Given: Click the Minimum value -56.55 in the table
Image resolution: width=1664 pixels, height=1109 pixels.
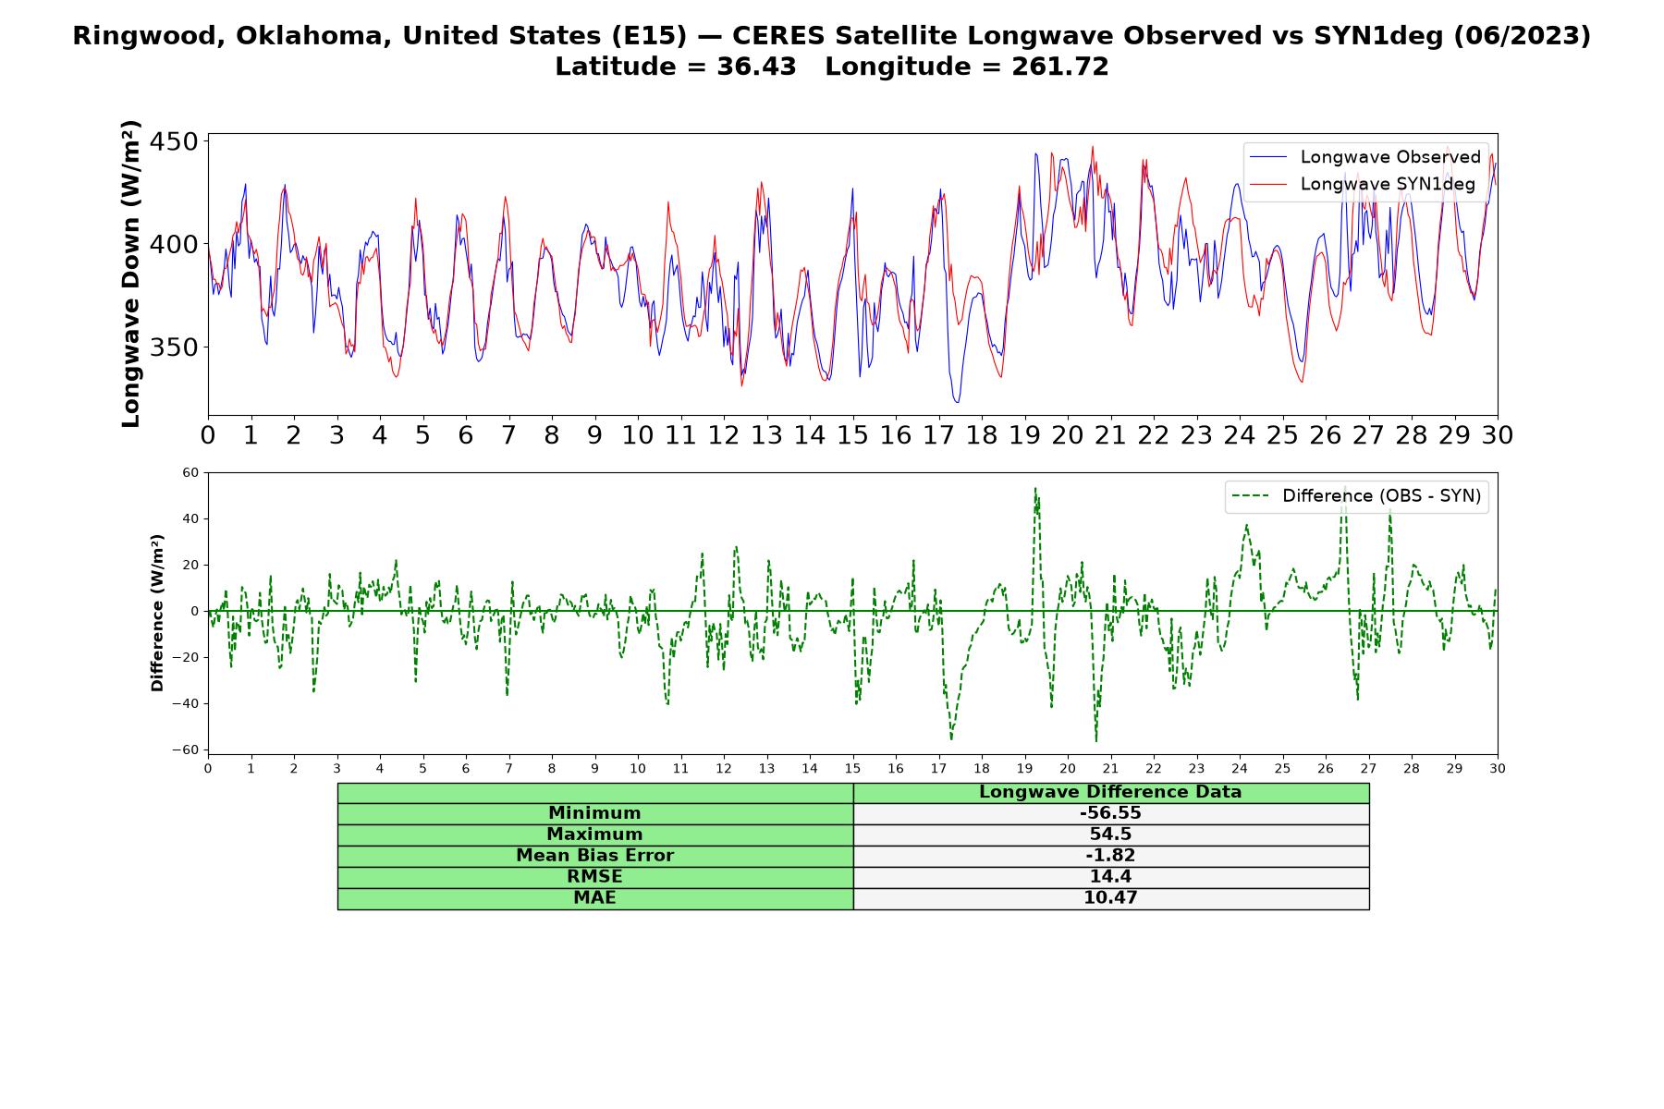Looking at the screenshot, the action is pyautogui.click(x=1110, y=813).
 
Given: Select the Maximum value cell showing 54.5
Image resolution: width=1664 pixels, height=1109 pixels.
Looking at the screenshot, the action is pyautogui.click(x=1110, y=835).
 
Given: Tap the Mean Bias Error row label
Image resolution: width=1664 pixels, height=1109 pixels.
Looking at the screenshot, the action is pyautogui.click(x=594, y=856).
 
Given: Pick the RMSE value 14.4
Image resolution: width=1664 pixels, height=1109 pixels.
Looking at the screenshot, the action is pyautogui.click(x=1110, y=877).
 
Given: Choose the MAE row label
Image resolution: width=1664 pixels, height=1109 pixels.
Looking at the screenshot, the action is pyautogui.click(x=594, y=898).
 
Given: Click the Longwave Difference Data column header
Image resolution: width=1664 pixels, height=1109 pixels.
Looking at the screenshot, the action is pyautogui.click(x=1110, y=792).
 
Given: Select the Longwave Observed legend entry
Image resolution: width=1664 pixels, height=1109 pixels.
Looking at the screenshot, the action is pyautogui.click(x=1364, y=157).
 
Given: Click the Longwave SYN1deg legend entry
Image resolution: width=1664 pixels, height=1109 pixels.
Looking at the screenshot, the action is pyautogui.click(x=1362, y=184).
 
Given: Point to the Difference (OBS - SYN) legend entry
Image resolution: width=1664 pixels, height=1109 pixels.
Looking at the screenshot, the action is pyautogui.click(x=1356, y=496).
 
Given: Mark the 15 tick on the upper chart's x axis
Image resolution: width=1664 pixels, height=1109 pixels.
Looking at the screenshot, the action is pyautogui.click(x=852, y=435).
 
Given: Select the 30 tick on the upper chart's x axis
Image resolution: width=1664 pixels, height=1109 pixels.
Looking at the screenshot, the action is pyautogui.click(x=1498, y=435).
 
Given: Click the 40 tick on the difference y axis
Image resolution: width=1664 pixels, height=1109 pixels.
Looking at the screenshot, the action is pyautogui.click(x=190, y=518).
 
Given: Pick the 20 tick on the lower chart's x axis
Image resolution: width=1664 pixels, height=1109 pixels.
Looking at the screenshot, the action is pyautogui.click(x=1068, y=769).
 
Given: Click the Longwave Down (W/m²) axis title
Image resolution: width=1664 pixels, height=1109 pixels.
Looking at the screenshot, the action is pyautogui.click(x=130, y=274).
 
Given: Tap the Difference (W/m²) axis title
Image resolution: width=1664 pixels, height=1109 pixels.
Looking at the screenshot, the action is pyautogui.click(x=157, y=613).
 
